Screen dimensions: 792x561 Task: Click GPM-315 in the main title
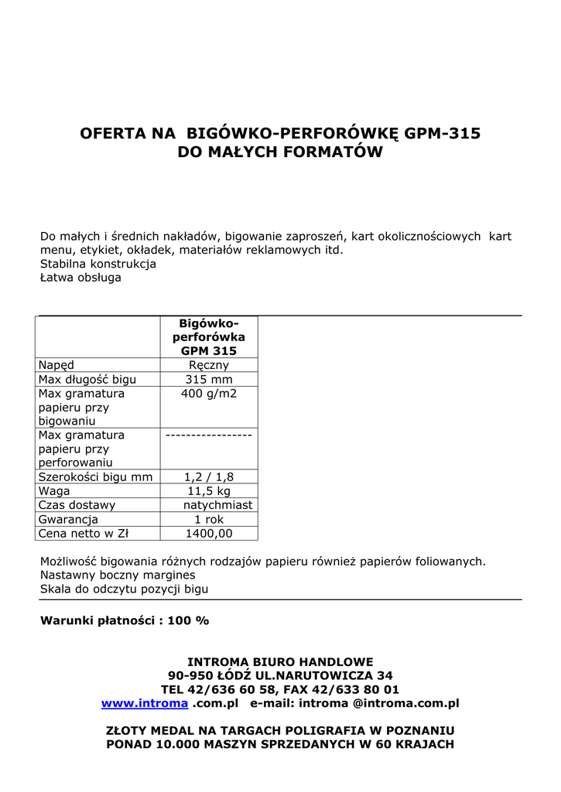(443, 133)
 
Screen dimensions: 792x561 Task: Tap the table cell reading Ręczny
(209, 365)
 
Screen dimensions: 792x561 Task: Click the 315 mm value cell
(209, 379)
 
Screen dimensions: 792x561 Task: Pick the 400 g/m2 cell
(209, 394)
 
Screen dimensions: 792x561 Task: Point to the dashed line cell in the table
(209, 435)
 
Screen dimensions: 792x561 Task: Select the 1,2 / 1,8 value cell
(209, 477)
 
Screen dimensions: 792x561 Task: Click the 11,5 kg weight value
(209, 491)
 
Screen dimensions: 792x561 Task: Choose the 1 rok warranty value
(209, 519)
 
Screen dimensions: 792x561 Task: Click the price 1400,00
(209, 533)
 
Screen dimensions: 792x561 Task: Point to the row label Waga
(54, 491)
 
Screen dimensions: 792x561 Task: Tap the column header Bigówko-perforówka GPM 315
(209, 336)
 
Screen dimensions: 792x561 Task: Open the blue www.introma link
(145, 703)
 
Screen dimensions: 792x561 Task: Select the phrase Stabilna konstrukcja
(98, 264)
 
